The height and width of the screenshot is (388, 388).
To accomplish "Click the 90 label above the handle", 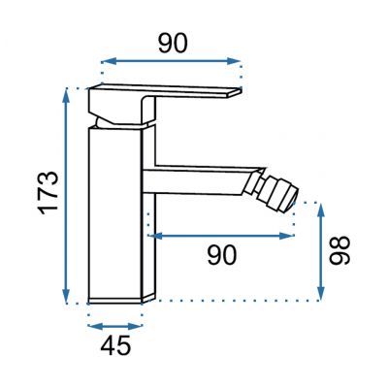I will tap(173, 44).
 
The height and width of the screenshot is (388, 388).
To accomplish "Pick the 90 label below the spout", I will tap(222, 254).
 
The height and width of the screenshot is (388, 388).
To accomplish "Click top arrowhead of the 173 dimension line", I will tap(67, 93).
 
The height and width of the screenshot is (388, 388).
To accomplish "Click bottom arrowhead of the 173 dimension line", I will tap(67, 298).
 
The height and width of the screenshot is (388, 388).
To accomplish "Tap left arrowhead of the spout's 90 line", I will tap(152, 234).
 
